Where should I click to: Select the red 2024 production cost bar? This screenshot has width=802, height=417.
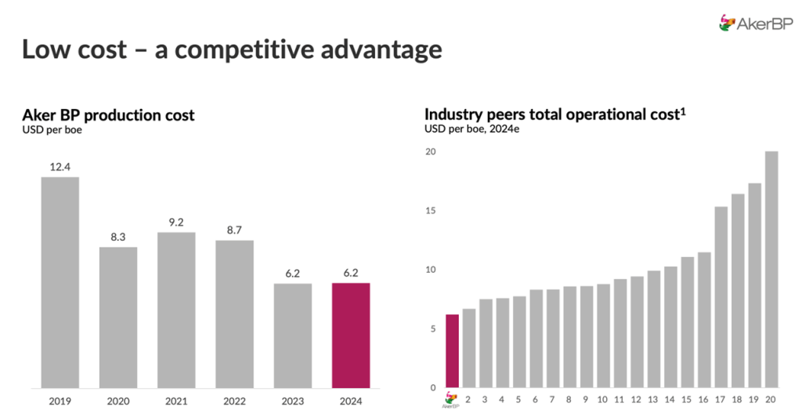click(x=351, y=335)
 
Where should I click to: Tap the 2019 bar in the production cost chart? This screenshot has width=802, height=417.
click(x=60, y=282)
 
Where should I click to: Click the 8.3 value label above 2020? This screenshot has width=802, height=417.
click(x=118, y=238)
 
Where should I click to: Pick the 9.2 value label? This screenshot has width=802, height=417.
click(x=176, y=223)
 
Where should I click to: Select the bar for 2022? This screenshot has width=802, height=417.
click(x=235, y=314)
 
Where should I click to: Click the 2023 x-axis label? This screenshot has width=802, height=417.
click(x=293, y=401)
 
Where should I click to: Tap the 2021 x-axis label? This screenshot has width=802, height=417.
click(x=176, y=401)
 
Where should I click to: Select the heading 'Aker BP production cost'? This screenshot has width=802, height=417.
click(x=108, y=115)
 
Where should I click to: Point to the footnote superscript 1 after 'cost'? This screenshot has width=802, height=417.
click(x=683, y=111)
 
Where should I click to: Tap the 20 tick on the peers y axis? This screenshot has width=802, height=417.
click(x=430, y=151)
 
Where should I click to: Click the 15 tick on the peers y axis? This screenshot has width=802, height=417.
click(x=430, y=211)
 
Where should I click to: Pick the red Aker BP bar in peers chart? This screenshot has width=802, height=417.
click(x=452, y=350)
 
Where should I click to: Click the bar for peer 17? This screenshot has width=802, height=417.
click(x=721, y=297)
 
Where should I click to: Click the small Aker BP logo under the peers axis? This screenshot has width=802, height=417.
click(x=450, y=400)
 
